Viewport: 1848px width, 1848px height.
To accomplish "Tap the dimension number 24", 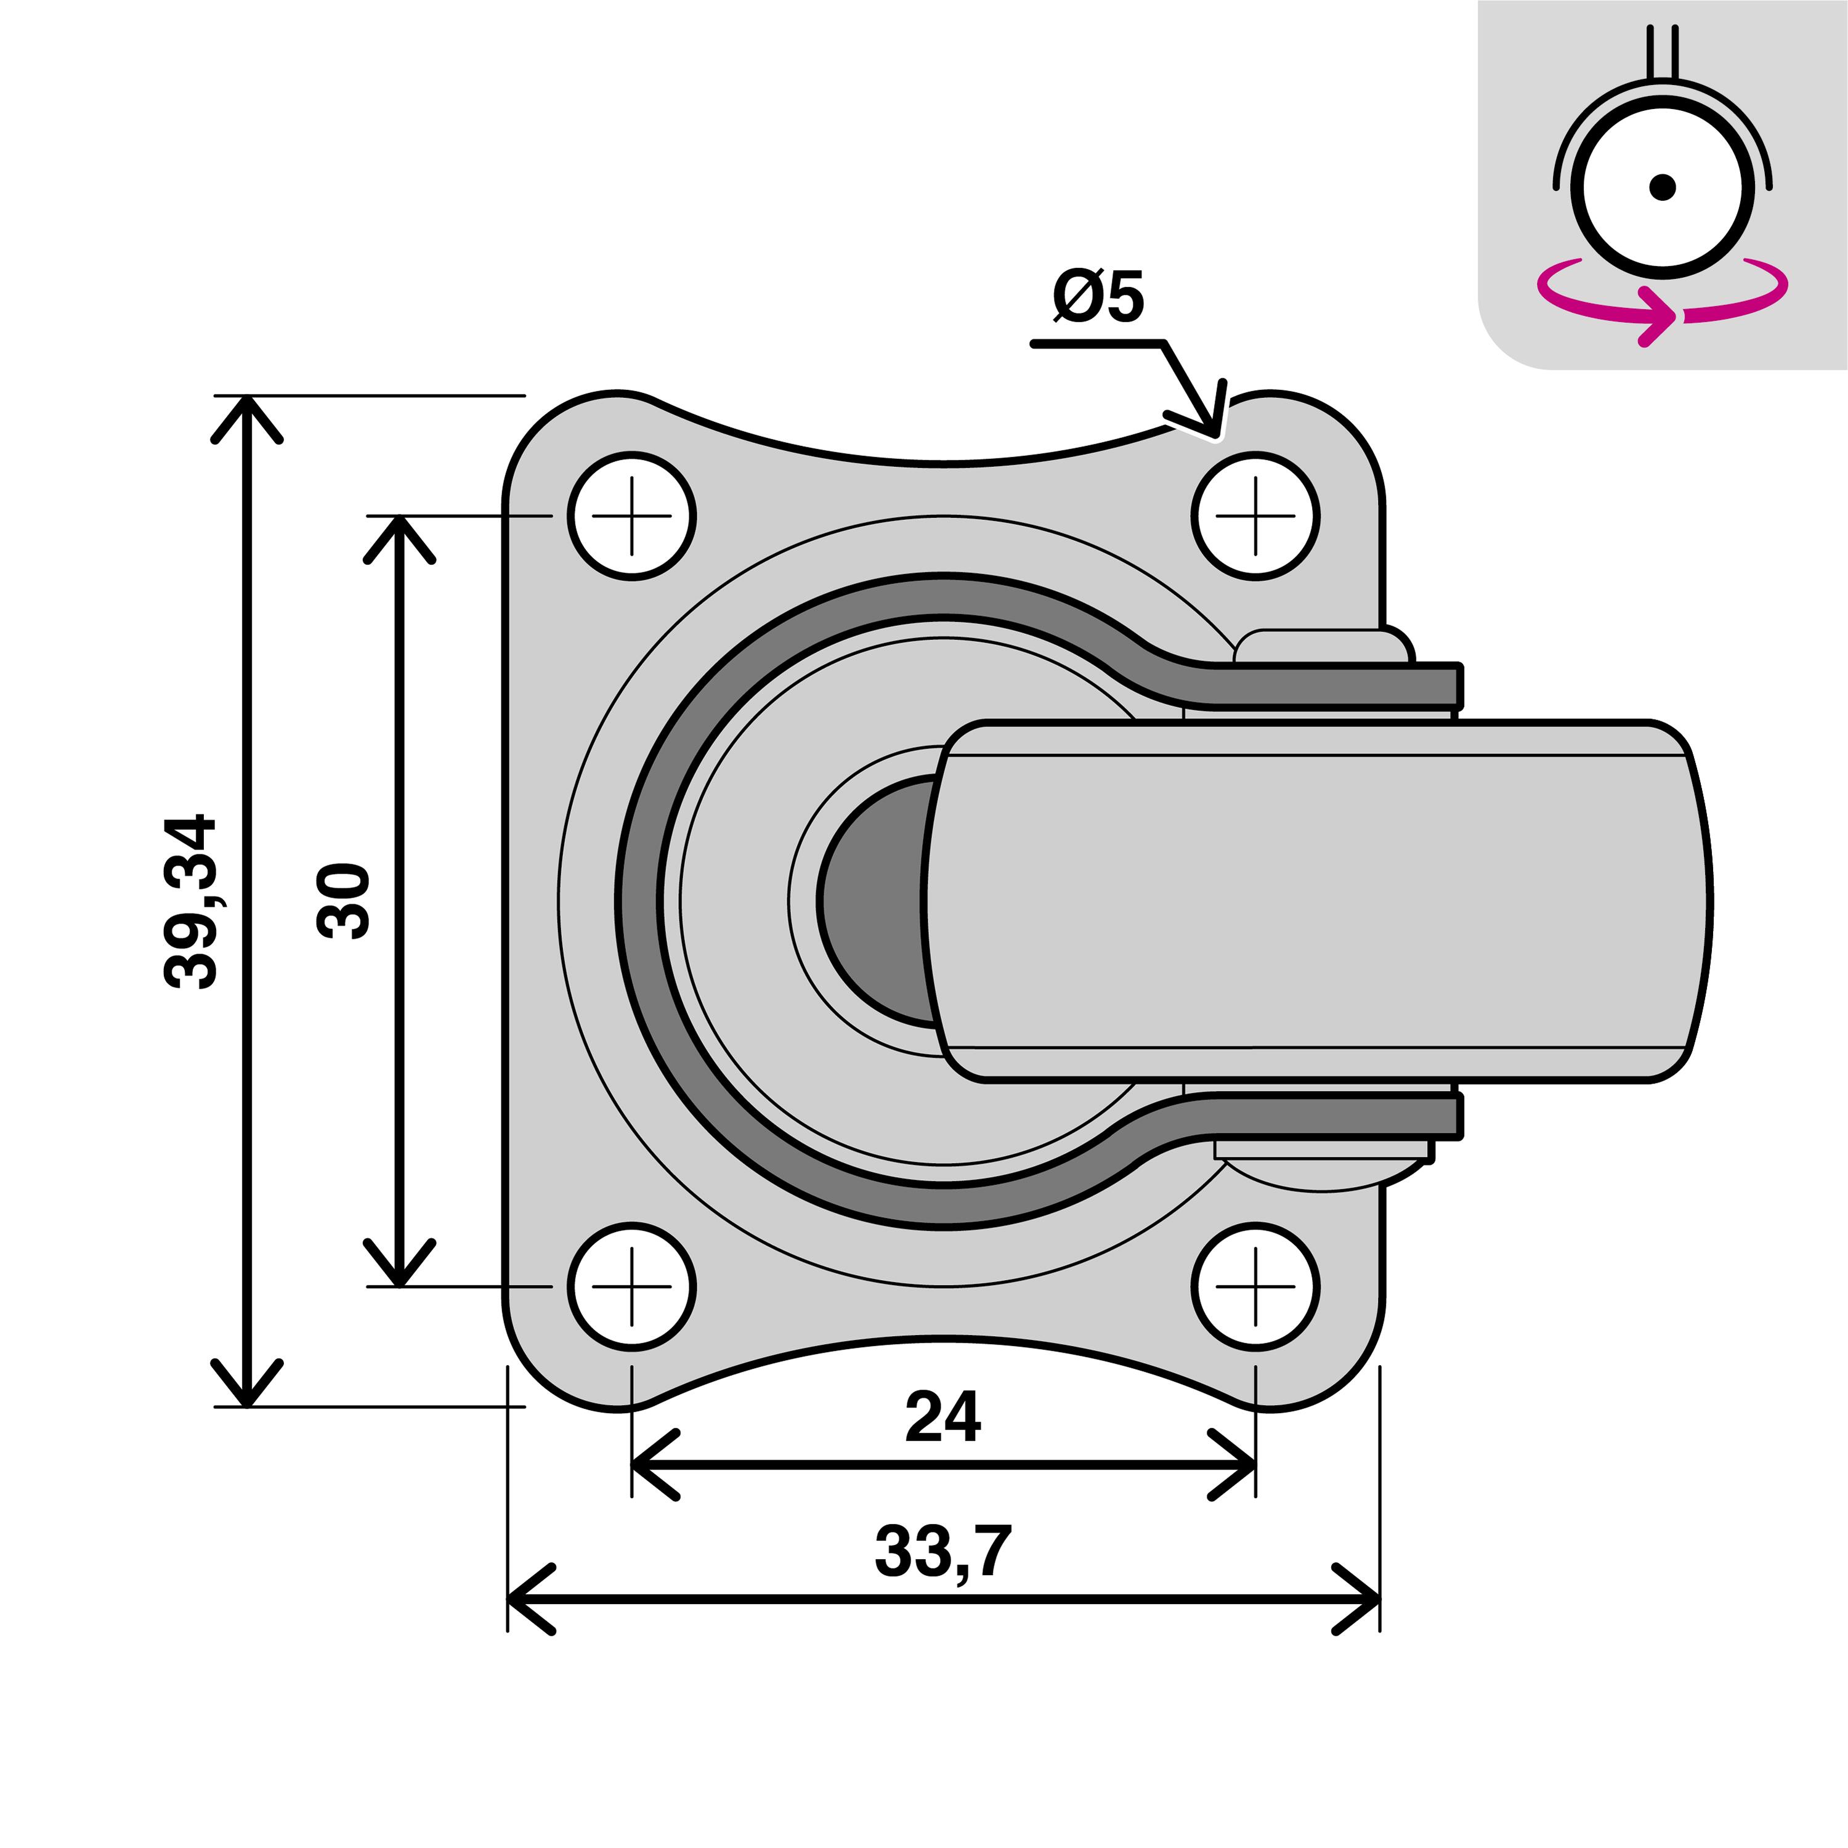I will coord(942,1417).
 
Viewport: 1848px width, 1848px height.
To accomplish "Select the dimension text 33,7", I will coord(942,1552).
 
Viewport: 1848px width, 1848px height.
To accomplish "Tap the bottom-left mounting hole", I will coord(631,1287).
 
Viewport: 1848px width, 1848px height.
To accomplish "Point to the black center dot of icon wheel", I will coord(1663,187).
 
